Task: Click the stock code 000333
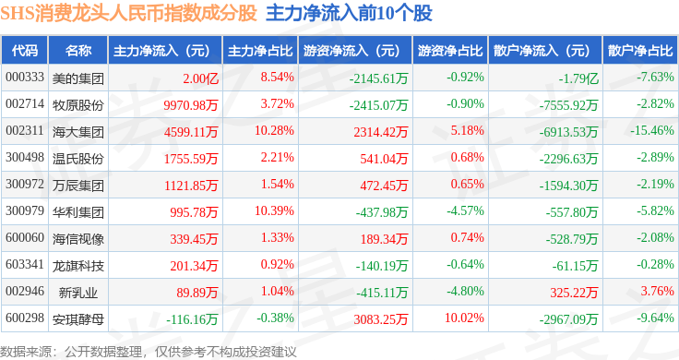(x=25, y=78)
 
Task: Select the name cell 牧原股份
(x=78, y=105)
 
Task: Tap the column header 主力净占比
(x=260, y=51)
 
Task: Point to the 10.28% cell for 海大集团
(x=274, y=130)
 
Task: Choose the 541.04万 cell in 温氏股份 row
(x=384, y=159)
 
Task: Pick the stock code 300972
(x=25, y=184)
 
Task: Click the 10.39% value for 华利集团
(x=274, y=211)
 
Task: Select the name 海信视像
(x=78, y=239)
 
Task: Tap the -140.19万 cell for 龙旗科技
(x=382, y=266)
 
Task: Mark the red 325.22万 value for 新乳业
(x=574, y=293)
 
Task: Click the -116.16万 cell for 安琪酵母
(x=192, y=319)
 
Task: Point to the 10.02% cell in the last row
(x=464, y=318)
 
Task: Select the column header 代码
(x=25, y=51)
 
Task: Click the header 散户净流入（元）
(x=542, y=51)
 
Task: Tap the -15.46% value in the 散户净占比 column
(x=652, y=130)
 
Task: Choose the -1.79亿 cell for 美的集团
(x=578, y=78)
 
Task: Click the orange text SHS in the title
(x=18, y=14)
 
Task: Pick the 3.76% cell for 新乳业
(x=658, y=291)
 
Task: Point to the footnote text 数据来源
(x=26, y=352)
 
